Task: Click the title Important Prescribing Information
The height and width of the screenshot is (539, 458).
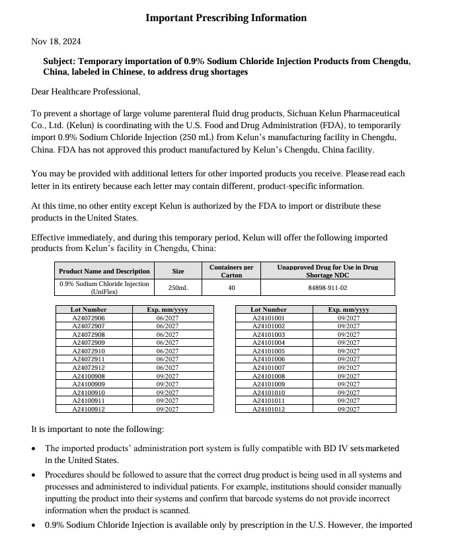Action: pyautogui.click(x=226, y=18)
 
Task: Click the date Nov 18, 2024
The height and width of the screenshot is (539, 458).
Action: pyautogui.click(x=56, y=42)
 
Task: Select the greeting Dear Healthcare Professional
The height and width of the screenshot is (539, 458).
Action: pyautogui.click(x=85, y=91)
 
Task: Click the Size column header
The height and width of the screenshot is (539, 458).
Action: pyautogui.click(x=178, y=271)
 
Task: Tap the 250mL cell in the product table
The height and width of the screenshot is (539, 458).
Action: pyautogui.click(x=178, y=288)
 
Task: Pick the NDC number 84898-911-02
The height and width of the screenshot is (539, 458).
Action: pyautogui.click(x=328, y=288)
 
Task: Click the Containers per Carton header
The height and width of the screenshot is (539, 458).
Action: pyautogui.click(x=231, y=271)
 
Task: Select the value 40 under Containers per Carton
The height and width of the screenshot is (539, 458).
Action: pyautogui.click(x=231, y=288)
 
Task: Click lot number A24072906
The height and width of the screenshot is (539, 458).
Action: pyautogui.click(x=89, y=318)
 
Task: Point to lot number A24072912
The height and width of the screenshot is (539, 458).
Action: pyautogui.click(x=89, y=367)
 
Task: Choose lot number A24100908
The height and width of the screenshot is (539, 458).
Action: pyautogui.click(x=89, y=376)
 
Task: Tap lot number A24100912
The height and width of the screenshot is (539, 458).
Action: pyautogui.click(x=89, y=409)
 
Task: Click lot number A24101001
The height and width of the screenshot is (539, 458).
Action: pyautogui.click(x=269, y=318)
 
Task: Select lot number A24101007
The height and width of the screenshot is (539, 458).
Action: pyautogui.click(x=269, y=367)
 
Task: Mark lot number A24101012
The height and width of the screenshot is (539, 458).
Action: pyautogui.click(x=269, y=409)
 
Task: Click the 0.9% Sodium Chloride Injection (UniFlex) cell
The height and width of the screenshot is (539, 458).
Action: pyautogui.click(x=104, y=288)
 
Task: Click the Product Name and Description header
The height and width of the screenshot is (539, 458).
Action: pyautogui.click(x=104, y=271)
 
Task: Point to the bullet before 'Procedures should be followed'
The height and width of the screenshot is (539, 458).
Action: pyautogui.click(x=34, y=475)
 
